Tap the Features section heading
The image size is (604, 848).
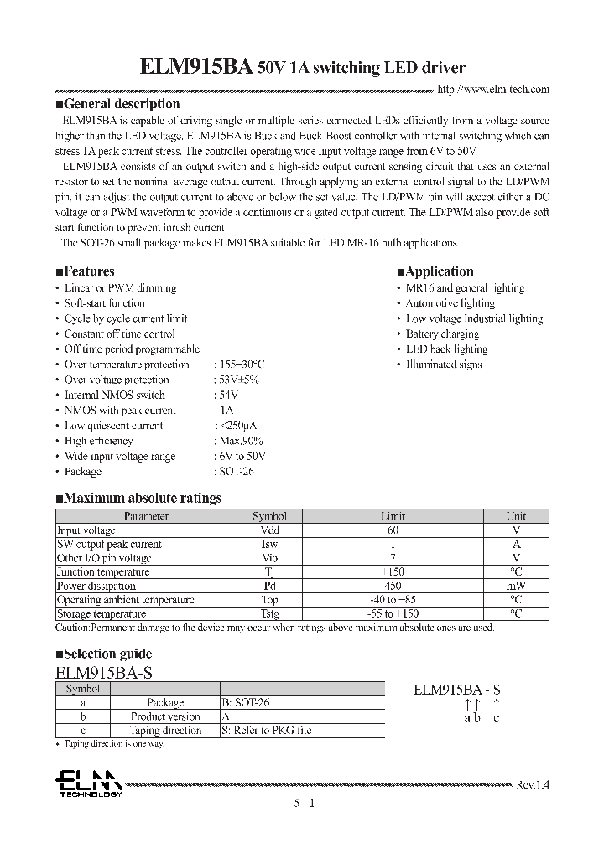click(85, 271)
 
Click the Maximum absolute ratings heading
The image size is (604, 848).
click(138, 498)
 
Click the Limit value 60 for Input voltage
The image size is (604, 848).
click(393, 530)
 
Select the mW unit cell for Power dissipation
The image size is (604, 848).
click(516, 587)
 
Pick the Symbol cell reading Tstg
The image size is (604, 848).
click(269, 614)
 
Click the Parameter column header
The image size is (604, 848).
click(146, 517)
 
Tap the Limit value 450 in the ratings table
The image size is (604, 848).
click(393, 587)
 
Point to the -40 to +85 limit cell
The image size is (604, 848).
click(393, 600)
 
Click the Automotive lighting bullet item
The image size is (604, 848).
click(450, 303)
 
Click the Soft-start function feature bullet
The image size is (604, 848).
click(104, 303)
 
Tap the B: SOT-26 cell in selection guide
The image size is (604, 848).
click(245, 703)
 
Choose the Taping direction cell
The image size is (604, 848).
click(165, 731)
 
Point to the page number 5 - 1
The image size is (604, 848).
click(303, 804)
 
